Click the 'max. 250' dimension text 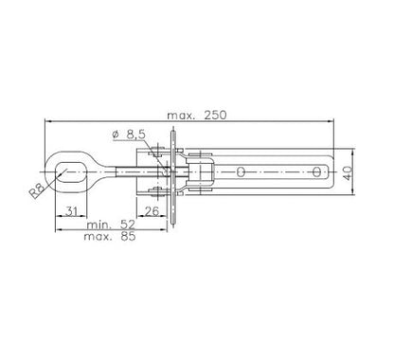pyautogui.click(x=196, y=116)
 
